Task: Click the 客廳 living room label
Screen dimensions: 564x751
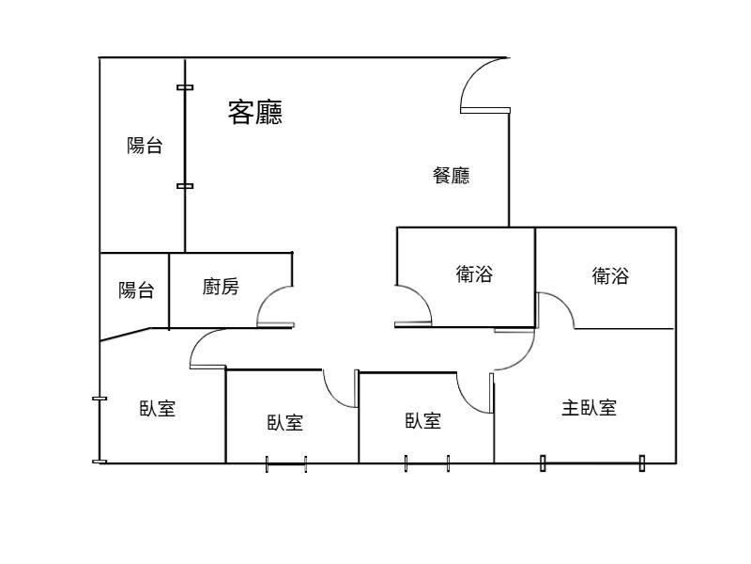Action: click(x=255, y=113)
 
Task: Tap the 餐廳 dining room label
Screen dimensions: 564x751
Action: click(x=451, y=175)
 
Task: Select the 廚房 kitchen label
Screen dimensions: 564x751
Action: click(x=221, y=287)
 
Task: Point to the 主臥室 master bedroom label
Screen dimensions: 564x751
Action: click(x=589, y=408)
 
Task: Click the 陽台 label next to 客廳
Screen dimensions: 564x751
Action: click(x=145, y=146)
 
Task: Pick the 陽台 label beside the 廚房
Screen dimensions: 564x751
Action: click(x=136, y=290)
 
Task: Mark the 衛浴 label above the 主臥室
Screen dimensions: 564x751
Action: click(x=610, y=275)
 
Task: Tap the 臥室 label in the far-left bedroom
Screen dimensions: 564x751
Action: click(x=158, y=409)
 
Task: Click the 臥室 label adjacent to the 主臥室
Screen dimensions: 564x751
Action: click(x=423, y=421)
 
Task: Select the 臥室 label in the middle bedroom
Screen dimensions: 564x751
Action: click(x=284, y=423)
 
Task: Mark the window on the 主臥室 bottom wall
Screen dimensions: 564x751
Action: click(x=592, y=462)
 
